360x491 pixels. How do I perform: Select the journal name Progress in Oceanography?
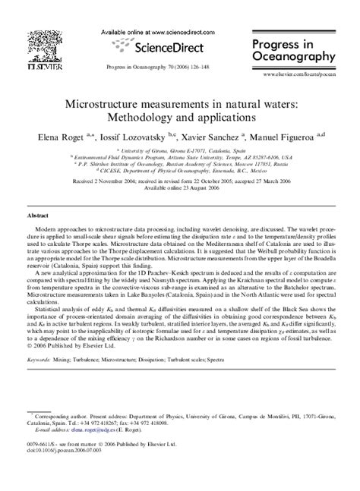click(298, 47)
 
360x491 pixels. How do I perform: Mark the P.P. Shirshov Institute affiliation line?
click(180, 165)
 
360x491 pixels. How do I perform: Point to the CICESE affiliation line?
click(180, 172)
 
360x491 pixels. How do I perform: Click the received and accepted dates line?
click(180, 182)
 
